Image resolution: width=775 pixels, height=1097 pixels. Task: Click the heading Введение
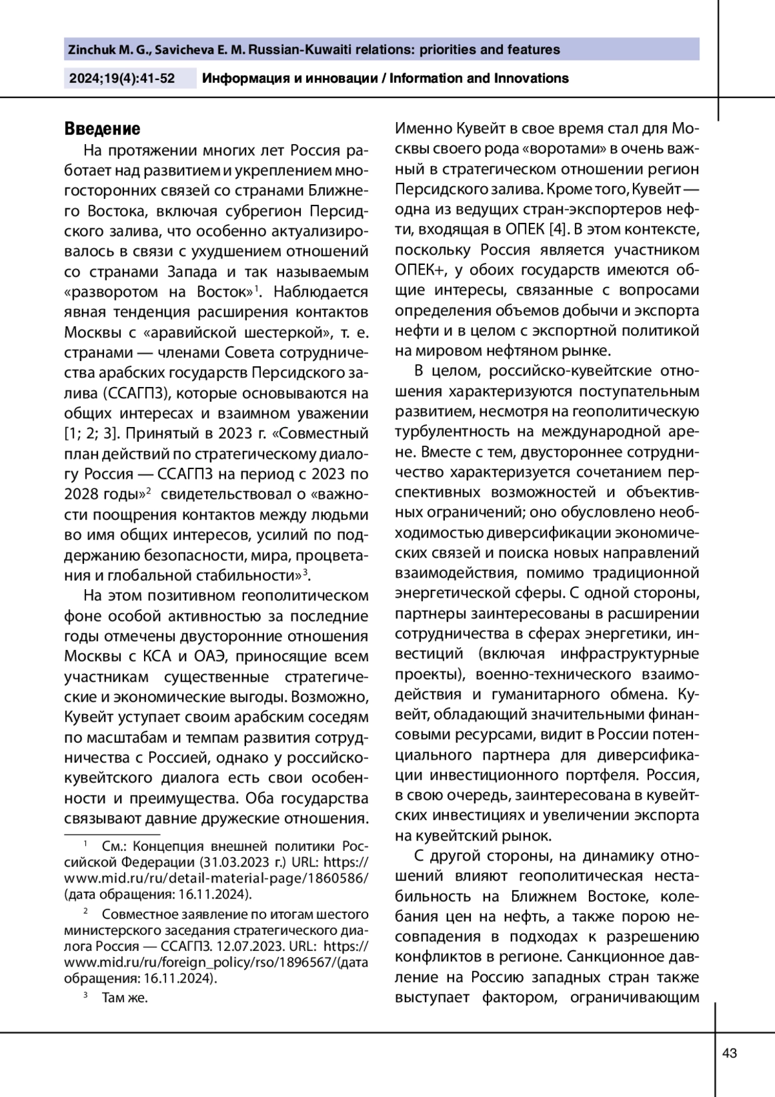pyautogui.click(x=102, y=129)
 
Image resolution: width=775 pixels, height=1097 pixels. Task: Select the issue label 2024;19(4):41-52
pyautogui.click(x=122, y=79)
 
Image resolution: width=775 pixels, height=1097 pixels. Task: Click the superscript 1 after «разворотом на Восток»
pyautogui.click(x=256, y=287)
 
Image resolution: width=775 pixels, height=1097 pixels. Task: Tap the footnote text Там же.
pyautogui.click(x=125, y=998)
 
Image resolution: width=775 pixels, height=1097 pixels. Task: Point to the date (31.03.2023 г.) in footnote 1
pyautogui.click(x=242, y=862)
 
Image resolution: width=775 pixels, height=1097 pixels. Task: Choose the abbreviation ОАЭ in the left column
pyautogui.click(x=211, y=656)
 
